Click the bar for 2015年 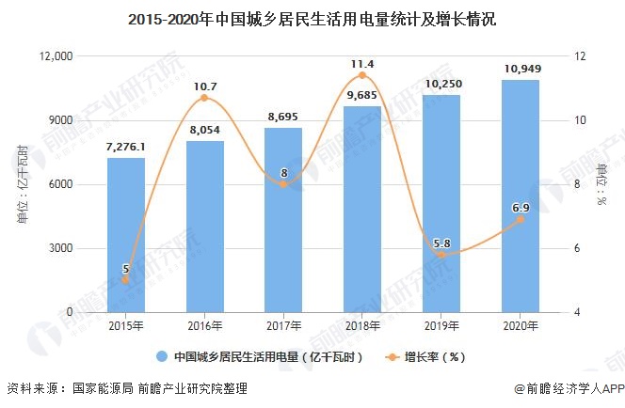click(126, 235)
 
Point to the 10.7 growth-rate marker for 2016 click(205, 99)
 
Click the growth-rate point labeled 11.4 click(362, 76)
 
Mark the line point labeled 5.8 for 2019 click(441, 255)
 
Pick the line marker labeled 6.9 click(520, 219)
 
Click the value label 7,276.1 click(126, 148)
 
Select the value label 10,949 click(520, 69)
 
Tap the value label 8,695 click(283, 117)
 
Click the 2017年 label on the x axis click(283, 325)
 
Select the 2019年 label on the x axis click(441, 325)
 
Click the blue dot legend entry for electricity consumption click(162, 357)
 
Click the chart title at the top click(312, 18)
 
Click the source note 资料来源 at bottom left click(34, 388)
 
